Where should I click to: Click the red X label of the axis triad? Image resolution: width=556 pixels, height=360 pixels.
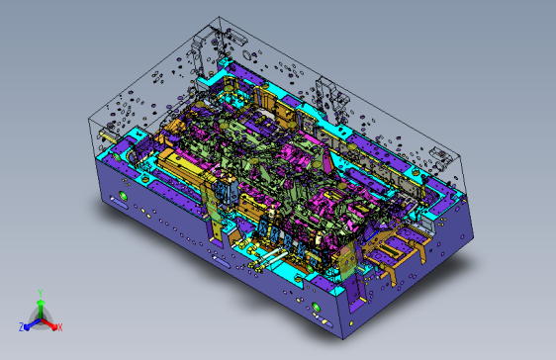(59, 327)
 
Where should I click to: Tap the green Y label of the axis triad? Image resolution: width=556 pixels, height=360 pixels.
(41, 294)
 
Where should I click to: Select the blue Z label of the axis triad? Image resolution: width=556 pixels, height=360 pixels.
(22, 326)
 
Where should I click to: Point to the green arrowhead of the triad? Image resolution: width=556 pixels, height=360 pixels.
(41, 303)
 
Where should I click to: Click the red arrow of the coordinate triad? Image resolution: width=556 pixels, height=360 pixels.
(48, 323)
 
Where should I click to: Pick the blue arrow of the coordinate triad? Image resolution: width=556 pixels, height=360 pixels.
(33, 323)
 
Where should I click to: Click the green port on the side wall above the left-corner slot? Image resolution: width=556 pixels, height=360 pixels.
(123, 195)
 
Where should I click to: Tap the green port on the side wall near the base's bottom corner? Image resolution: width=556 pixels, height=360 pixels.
(316, 307)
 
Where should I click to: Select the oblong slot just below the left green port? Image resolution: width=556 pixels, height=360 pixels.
(119, 203)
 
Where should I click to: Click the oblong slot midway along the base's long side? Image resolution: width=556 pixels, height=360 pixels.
(221, 261)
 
